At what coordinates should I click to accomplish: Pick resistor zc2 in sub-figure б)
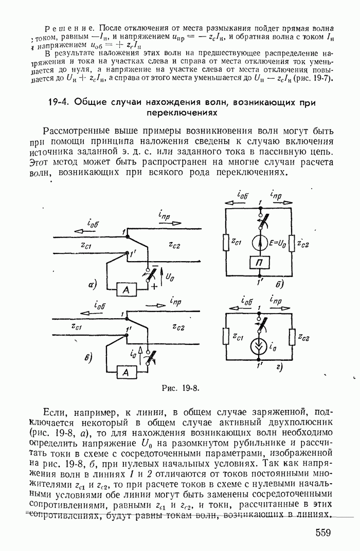[x=292, y=241]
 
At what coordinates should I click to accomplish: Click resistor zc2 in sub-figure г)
[x=292, y=337]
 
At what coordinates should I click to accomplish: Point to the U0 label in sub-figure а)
[x=170, y=278]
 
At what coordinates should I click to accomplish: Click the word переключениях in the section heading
[x=179, y=112]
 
